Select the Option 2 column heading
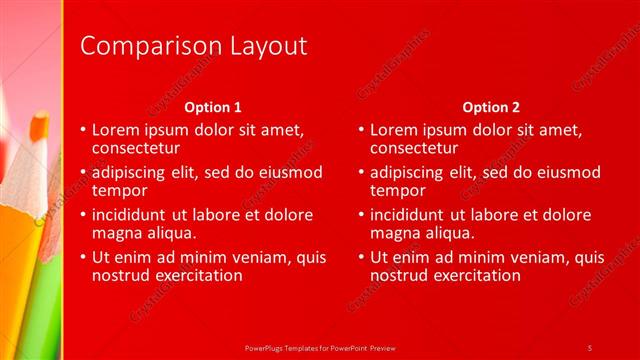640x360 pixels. click(491, 107)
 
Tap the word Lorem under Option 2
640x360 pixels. click(393, 130)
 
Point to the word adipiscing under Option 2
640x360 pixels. click(409, 172)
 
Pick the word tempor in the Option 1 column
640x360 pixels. click(119, 191)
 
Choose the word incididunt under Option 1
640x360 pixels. click(133, 215)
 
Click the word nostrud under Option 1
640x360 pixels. click(120, 275)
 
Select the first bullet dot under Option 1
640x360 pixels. click(82, 131)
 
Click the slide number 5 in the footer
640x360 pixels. click(590, 347)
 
